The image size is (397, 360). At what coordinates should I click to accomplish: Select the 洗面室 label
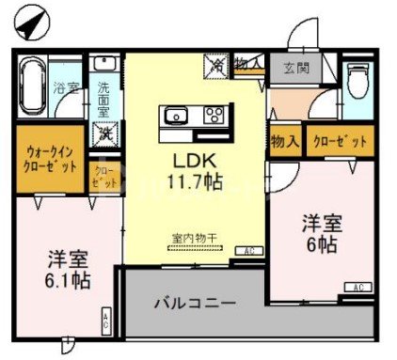click(103, 99)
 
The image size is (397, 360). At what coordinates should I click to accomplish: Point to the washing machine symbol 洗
click(103, 133)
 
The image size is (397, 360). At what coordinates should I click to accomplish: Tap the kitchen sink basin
click(177, 117)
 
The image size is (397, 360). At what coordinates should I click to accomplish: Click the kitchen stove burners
click(214, 117)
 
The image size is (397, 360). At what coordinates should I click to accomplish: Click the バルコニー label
click(195, 304)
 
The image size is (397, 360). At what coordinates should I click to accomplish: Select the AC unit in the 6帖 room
click(357, 287)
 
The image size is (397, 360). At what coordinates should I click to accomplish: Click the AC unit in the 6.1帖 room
click(106, 321)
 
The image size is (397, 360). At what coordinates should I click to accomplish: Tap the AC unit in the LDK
click(249, 251)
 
